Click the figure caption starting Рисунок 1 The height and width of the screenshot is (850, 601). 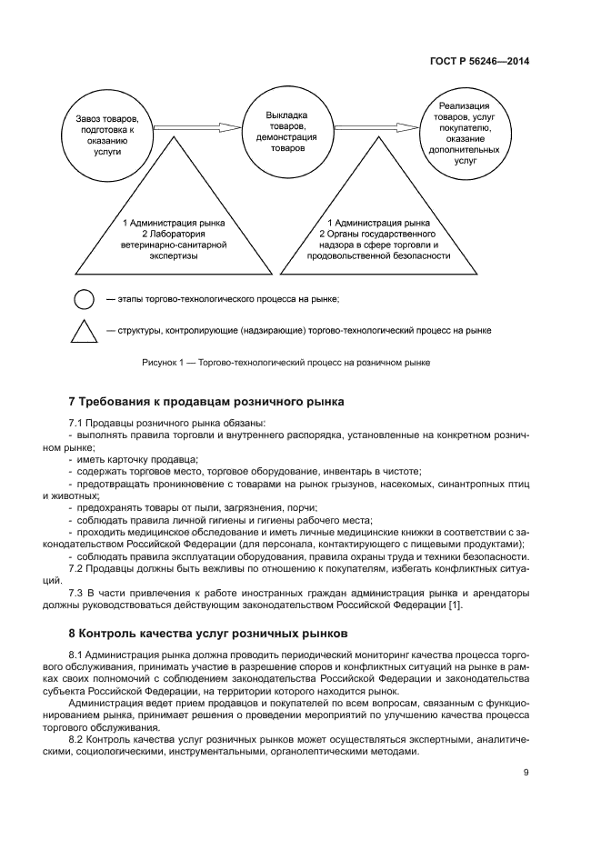click(x=286, y=363)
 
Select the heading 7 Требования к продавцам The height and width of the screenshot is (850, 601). click(x=206, y=402)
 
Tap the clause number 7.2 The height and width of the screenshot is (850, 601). click(x=77, y=569)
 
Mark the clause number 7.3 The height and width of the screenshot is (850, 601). click(x=77, y=594)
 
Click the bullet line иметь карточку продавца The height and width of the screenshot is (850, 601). click(x=136, y=459)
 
